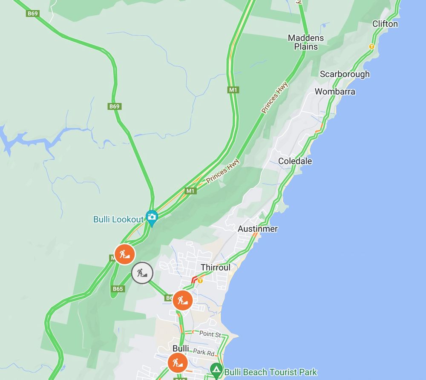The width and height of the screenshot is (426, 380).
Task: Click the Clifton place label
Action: [385, 24]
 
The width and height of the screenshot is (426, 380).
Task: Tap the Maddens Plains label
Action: [306, 42]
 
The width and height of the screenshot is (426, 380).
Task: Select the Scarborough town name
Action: [345, 74]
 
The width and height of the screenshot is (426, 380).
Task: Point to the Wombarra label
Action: [335, 92]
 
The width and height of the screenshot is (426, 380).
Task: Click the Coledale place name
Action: [295, 161]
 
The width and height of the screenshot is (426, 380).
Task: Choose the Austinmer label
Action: [258, 229]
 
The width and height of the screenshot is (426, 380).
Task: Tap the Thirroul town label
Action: [216, 268]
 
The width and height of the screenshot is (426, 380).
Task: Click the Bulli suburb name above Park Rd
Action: [181, 348]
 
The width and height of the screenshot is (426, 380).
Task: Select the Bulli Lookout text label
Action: [118, 219]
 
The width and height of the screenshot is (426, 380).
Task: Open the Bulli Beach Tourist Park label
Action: [271, 372]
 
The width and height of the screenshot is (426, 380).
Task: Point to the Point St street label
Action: [210, 334]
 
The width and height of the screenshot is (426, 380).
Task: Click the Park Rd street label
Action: [203, 352]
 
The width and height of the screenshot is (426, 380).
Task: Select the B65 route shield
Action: [118, 289]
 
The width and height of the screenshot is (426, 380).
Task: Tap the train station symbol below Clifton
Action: [371, 46]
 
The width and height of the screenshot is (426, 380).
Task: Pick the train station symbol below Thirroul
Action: [199, 281]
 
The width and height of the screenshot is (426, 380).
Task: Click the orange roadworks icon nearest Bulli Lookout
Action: [124, 254]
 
